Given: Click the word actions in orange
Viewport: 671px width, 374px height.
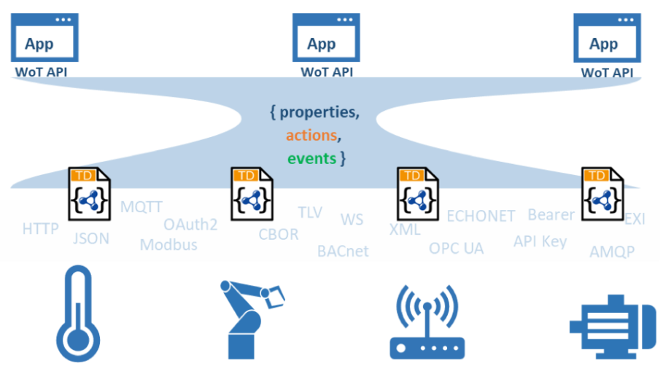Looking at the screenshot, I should pos(311,136).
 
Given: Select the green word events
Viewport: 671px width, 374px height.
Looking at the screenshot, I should pos(311,158).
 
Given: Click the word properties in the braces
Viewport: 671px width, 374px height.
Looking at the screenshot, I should pos(319,113).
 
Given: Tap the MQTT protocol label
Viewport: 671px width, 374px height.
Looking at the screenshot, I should pos(141,206).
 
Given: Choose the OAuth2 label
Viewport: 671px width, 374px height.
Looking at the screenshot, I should pos(190,225).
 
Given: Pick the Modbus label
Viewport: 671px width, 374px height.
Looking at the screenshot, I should pos(168,245).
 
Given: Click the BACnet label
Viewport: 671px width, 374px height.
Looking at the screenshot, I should pos(343,252).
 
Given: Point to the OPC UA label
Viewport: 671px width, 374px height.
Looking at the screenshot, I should pos(456,249).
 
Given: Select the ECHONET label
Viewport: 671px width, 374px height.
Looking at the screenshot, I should pos(481,216).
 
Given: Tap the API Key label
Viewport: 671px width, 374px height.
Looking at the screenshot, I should pos(540,241).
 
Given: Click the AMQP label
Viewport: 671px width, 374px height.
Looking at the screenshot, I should pos(612,252).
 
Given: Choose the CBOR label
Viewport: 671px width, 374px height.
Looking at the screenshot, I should pos(279,235).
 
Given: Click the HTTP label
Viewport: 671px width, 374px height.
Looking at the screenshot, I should pos(40,229).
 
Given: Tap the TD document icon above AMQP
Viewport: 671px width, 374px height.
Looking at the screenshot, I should pos(602,194).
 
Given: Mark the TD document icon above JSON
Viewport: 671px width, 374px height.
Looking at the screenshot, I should pos(90,194).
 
